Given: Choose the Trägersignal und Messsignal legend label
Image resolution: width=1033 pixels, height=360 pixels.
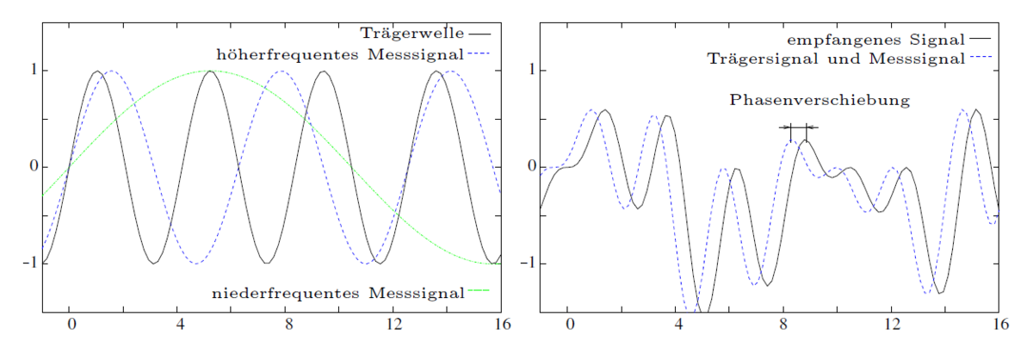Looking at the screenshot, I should tap(835, 59).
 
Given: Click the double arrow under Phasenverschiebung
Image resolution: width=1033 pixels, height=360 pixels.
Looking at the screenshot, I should tap(799, 127).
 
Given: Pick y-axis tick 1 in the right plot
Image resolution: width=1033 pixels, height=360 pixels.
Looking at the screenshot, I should tap(532, 70).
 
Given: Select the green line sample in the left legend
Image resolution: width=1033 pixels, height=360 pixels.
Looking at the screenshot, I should tap(479, 294).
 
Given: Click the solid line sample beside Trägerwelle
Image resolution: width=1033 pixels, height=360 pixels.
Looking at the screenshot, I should tap(479, 34).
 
